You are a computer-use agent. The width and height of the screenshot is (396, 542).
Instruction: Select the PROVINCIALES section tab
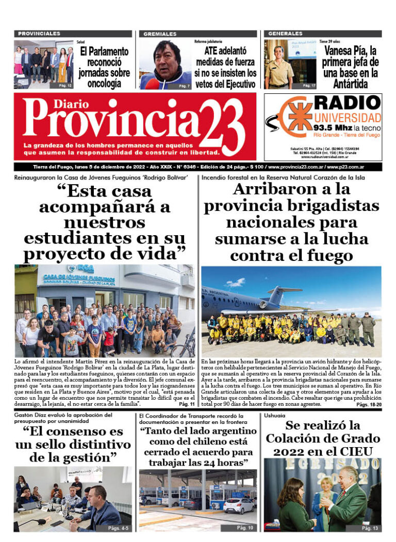coord(39,34)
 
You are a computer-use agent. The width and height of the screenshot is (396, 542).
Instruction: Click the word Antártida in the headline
coord(351,84)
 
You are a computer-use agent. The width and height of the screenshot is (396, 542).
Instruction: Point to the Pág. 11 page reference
coord(186,404)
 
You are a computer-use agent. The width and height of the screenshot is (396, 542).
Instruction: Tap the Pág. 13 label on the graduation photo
coord(370,528)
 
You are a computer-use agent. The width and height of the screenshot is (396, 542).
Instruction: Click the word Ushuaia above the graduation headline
coord(274,416)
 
